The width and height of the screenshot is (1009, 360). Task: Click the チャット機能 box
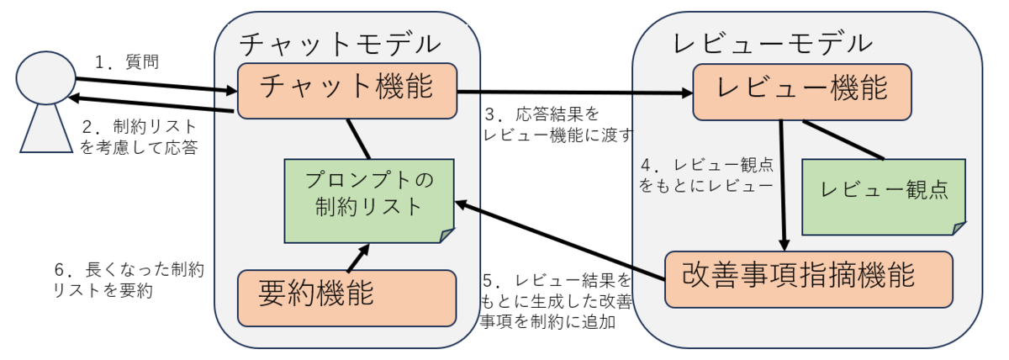[x=346, y=89]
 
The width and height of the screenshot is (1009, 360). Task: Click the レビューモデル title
[x=761, y=42]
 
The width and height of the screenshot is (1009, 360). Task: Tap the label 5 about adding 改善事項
[x=555, y=299]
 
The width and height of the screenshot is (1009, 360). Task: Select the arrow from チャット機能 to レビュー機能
[x=572, y=92]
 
